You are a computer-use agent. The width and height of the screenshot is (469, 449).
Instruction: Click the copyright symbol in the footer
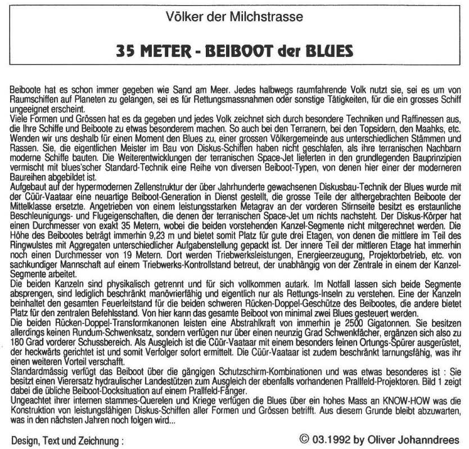305,439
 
